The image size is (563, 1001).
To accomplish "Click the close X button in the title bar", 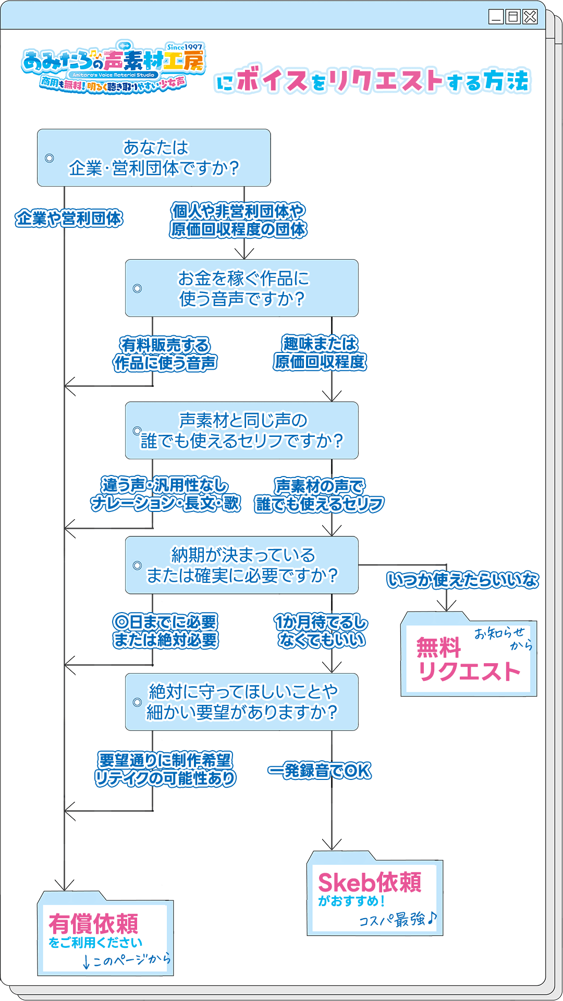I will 530,17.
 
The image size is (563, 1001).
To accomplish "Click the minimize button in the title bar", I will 496,17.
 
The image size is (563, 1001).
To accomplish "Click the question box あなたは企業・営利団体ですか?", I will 154,157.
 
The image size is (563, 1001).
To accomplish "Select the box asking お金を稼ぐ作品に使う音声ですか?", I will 242,288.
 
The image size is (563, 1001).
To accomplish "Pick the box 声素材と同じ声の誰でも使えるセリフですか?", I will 242,431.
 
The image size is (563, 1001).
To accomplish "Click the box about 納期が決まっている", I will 242,565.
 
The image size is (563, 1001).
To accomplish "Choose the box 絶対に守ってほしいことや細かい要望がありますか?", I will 242,702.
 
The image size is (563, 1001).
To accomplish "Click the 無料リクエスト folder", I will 468,658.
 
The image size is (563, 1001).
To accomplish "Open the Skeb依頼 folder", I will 374,896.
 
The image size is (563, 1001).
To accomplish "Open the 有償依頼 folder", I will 105,936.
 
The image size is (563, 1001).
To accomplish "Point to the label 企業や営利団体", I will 69,218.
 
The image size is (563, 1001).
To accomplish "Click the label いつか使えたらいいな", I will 463,580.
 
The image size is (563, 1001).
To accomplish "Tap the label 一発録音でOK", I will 320,771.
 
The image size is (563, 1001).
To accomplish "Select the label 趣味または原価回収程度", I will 320,353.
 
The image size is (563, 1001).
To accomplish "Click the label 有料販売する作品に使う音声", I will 165,354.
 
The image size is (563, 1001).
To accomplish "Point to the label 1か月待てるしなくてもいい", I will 321,631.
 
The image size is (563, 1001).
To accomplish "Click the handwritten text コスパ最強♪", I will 398,920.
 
